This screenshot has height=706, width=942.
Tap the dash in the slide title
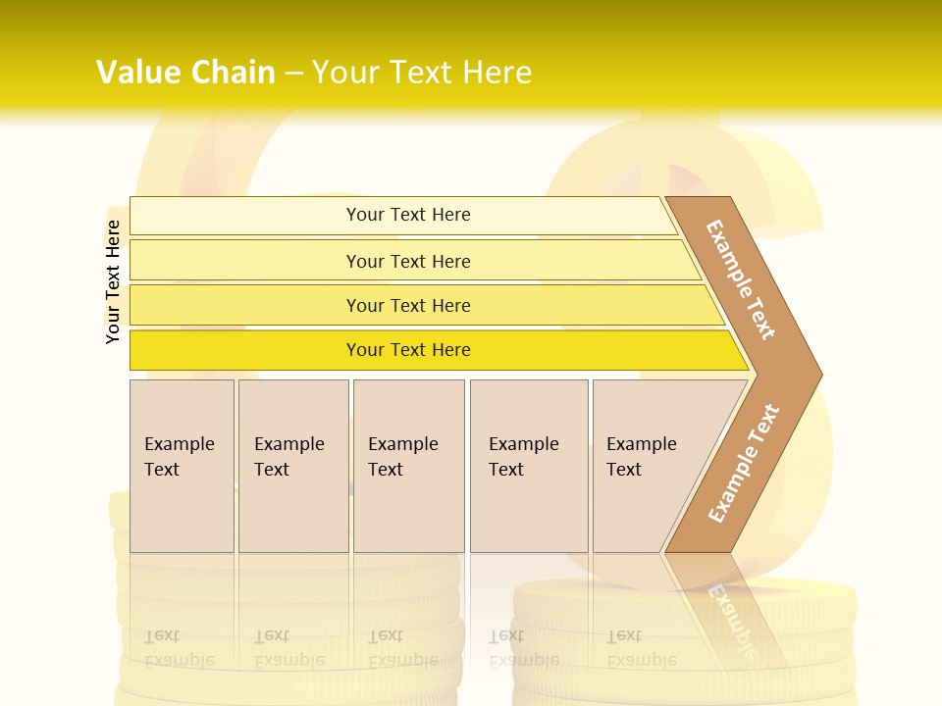[x=293, y=72]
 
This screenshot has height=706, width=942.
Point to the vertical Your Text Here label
[x=113, y=281]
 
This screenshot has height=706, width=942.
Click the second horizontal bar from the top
[x=407, y=261]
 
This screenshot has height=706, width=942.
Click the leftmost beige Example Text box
[x=182, y=466]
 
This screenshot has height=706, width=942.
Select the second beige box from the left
[x=293, y=466]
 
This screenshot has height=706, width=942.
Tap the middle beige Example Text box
[x=408, y=466]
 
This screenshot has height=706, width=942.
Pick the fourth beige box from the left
[x=529, y=466]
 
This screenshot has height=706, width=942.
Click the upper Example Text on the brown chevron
[x=741, y=279]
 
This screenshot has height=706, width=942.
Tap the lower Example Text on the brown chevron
[x=744, y=464]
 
